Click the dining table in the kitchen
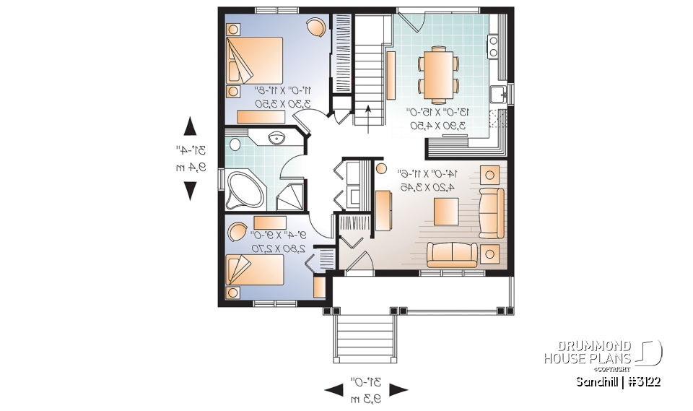[438, 72]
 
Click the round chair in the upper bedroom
[315, 27]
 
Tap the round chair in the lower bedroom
[237, 232]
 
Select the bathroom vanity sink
[276, 137]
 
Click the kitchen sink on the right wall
[497, 94]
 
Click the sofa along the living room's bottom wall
[451, 253]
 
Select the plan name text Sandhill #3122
[618, 381]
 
